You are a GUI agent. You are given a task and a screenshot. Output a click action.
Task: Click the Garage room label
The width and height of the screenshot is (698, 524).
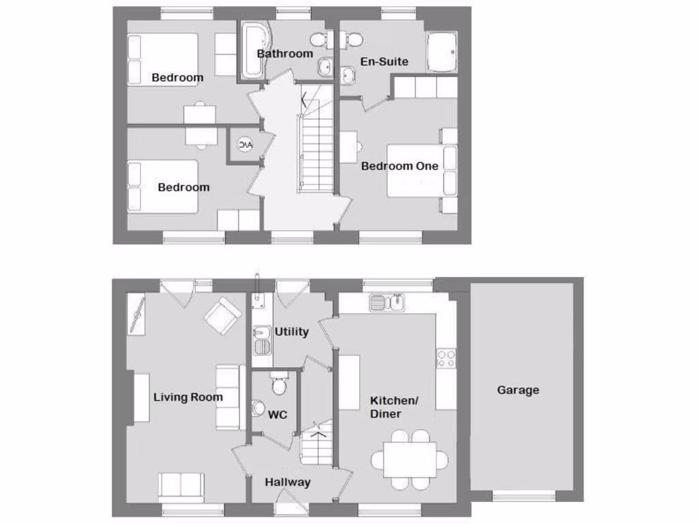point(517,390)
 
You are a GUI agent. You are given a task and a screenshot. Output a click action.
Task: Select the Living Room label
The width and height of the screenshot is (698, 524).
point(187,397)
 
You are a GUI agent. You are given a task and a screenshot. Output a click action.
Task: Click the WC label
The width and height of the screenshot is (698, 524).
point(277,414)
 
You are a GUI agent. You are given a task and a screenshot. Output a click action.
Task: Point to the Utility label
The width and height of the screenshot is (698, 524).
point(292,332)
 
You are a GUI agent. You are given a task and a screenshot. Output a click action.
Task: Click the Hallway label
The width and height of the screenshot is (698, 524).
point(287,482)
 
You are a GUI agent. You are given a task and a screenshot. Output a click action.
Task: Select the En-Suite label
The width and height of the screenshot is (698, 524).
point(384,61)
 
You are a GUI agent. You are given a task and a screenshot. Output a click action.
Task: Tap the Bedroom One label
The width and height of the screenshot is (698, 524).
point(399,166)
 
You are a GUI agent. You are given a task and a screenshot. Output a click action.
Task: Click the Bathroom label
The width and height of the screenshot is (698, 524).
point(285,53)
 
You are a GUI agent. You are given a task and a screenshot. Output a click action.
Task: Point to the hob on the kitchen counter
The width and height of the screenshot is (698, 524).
point(446,358)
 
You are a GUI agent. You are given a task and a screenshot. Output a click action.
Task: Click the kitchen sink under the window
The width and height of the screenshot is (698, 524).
point(387,302)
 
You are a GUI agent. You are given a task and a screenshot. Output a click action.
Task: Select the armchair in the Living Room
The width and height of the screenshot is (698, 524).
point(222,315)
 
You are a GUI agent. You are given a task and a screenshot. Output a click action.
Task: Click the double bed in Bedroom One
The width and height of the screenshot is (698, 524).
point(416,171)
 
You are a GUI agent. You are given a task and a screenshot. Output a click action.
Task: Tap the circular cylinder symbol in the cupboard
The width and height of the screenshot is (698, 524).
point(244,145)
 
